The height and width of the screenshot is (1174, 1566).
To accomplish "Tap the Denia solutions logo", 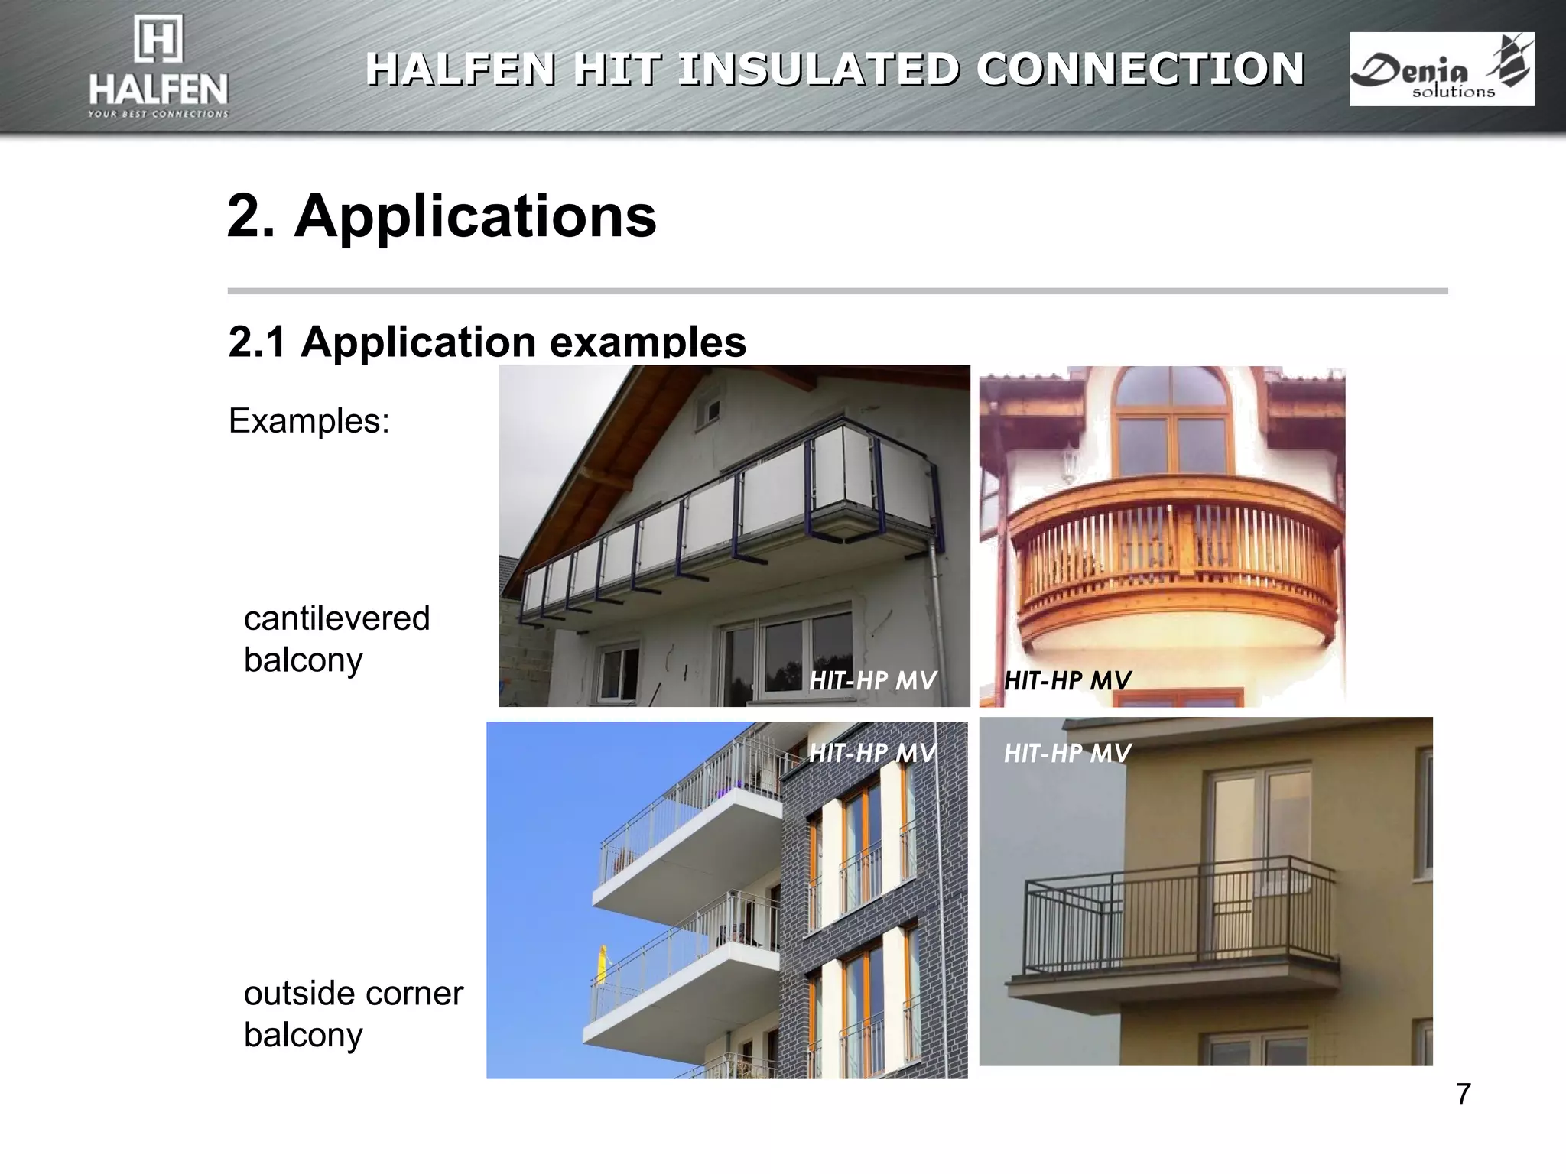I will (x=1441, y=69).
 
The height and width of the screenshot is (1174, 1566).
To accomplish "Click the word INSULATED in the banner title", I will (x=817, y=69).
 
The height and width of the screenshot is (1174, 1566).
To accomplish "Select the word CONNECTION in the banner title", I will (x=1140, y=69).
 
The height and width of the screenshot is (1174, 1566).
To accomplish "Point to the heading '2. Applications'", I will (x=441, y=216).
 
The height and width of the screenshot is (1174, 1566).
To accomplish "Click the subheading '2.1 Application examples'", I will (x=487, y=342).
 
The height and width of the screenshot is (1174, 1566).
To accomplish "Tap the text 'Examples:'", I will (x=309, y=421).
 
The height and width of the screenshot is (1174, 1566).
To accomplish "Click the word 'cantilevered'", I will (x=336, y=618).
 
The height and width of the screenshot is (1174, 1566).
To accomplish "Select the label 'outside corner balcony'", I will (x=353, y=1013).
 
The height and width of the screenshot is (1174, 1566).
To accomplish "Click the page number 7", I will (x=1463, y=1095).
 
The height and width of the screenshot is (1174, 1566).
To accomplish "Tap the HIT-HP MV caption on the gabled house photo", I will (x=872, y=680).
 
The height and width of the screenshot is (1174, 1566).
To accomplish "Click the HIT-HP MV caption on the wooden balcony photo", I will (x=1067, y=680).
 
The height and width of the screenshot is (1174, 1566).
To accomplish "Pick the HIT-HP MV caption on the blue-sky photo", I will (x=872, y=753).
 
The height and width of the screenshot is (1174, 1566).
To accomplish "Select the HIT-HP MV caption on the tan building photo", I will (x=1067, y=753).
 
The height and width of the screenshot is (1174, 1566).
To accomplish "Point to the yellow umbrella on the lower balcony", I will (x=603, y=965).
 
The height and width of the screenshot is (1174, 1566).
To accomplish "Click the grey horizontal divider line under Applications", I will (x=837, y=291).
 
